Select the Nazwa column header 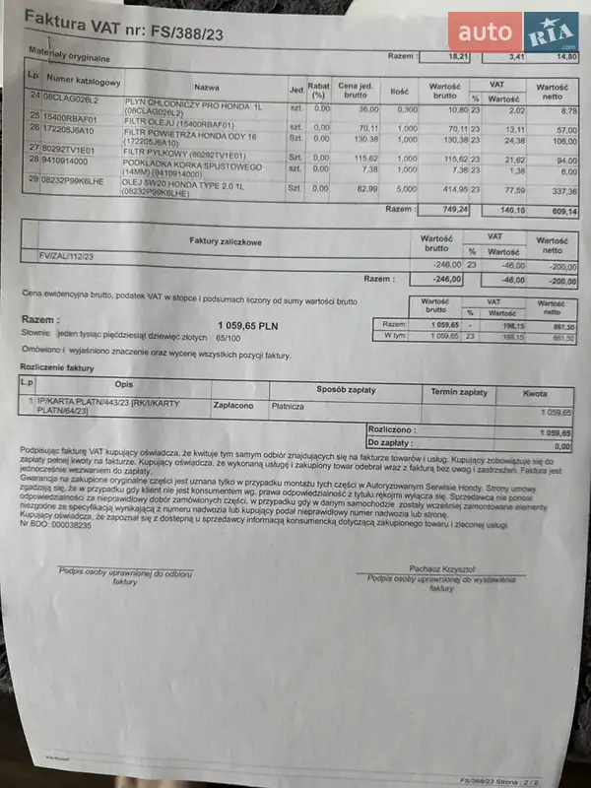click(x=207, y=87)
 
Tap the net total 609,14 click(x=558, y=211)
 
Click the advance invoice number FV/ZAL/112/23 click(x=68, y=256)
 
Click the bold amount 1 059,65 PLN click(x=247, y=324)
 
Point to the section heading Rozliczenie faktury click(x=57, y=366)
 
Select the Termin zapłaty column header click(x=458, y=391)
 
